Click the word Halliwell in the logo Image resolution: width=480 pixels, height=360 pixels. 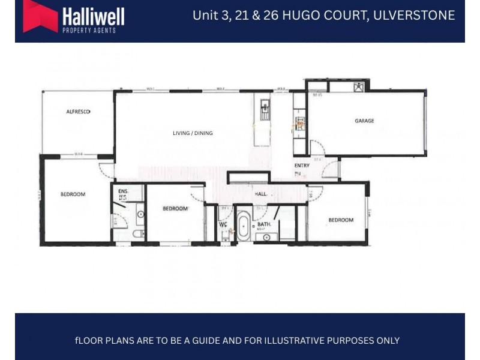click(94, 15)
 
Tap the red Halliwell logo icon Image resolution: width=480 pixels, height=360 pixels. click(40, 16)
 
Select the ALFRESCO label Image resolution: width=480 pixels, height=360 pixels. click(78, 112)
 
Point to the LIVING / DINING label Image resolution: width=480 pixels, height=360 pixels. click(192, 133)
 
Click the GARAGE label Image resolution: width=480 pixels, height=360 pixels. click(364, 121)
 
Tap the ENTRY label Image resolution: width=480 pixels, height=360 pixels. click(301, 166)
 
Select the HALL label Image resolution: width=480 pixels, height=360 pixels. click(260, 194)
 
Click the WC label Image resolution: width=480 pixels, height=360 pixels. click(223, 225)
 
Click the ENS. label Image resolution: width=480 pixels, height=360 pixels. click(122, 192)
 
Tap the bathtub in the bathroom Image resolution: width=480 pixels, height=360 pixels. click(244, 227)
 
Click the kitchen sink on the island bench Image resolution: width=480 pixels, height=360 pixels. click(265, 109)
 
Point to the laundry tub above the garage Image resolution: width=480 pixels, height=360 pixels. click(358, 86)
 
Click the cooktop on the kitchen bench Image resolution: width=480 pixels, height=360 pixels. click(299, 125)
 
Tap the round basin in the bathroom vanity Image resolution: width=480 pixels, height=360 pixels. click(266, 237)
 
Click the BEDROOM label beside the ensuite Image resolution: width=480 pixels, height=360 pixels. click(176, 209)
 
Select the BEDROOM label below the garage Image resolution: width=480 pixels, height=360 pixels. click(340, 220)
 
